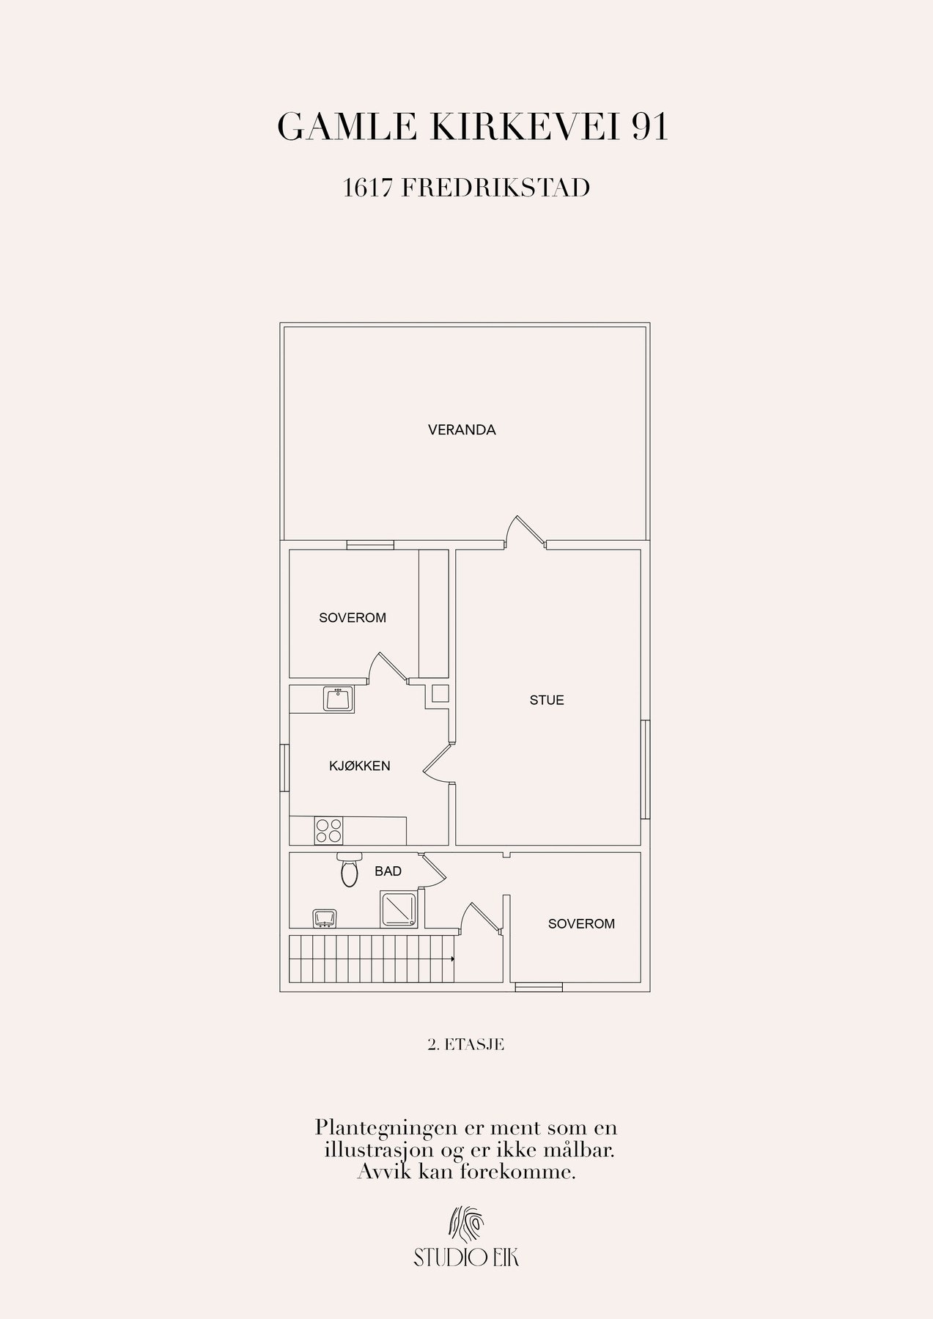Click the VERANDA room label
tap(462, 430)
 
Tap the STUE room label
tap(547, 700)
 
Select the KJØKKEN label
tap(359, 766)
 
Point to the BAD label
tap(388, 871)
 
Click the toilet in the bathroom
tap(348, 869)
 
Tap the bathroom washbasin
tap(325, 918)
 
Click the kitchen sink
tap(339, 699)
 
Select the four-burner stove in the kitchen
tap(328, 830)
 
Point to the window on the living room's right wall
tap(645, 769)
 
